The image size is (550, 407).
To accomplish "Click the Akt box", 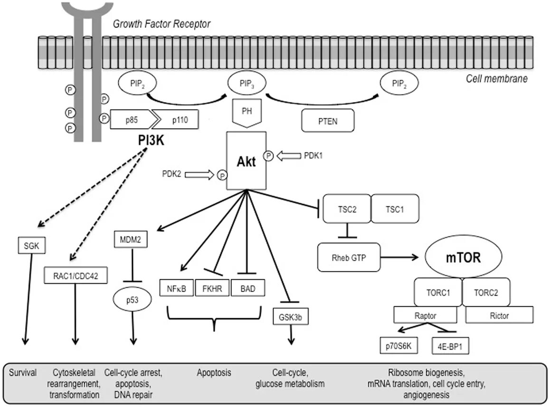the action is [x=246, y=161].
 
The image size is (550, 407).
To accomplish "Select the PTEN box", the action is [x=328, y=121].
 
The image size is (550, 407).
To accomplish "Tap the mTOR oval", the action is [x=463, y=257].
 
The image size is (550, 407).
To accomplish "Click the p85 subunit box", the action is [x=133, y=120].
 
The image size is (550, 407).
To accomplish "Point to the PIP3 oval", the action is [x=247, y=84].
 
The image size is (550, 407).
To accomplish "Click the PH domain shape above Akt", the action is [x=247, y=113].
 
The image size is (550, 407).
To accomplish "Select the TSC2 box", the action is [x=347, y=209].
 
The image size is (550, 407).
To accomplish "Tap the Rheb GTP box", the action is [x=349, y=257].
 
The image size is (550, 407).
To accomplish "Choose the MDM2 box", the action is [x=131, y=240].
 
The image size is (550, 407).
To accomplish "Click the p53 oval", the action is [x=132, y=300].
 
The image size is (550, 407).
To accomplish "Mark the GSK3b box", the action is [x=290, y=317].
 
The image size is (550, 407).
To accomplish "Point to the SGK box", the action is [x=31, y=245].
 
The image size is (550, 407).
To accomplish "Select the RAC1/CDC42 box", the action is [x=76, y=275].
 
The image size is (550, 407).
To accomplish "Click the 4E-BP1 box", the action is [x=451, y=346].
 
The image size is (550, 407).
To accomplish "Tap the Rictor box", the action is [x=500, y=315].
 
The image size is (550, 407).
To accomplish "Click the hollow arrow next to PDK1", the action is [x=289, y=156].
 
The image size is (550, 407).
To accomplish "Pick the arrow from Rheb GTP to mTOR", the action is [x=399, y=257].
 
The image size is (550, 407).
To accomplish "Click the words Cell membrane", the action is [x=497, y=78].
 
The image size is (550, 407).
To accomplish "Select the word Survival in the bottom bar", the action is [x=23, y=372].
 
